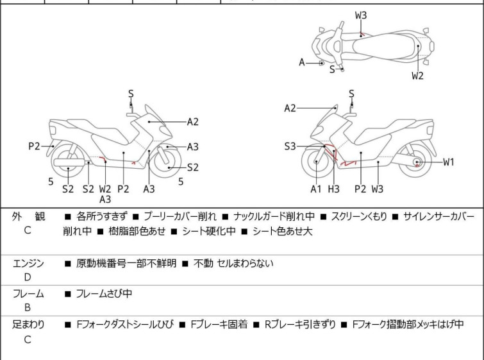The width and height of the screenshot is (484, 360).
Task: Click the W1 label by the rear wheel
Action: pos(448,162)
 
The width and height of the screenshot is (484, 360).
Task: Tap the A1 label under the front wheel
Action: pos(315,189)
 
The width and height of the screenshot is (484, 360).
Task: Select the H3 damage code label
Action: pos(333,189)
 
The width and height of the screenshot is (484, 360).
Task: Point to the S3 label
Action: pos(290,147)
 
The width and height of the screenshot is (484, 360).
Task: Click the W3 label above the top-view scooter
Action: pos(361,15)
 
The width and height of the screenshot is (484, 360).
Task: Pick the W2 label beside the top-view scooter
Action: pos(417,76)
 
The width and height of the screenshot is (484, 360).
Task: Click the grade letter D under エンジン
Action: pos(27,277)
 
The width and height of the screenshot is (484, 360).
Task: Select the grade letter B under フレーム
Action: pos(27,307)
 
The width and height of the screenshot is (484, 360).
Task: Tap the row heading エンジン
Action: pos(28,263)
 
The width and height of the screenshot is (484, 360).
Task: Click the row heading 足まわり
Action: pos(28,325)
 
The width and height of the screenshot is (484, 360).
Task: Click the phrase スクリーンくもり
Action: pos(359,217)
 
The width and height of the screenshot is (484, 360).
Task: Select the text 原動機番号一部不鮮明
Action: pos(126,263)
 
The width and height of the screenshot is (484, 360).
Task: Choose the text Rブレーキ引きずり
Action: pos(300,325)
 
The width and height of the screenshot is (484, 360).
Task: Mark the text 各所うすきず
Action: pos(102,217)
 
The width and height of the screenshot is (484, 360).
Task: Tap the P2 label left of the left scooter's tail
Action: pos(34,146)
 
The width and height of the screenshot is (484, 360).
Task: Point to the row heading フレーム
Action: pos(28,294)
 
